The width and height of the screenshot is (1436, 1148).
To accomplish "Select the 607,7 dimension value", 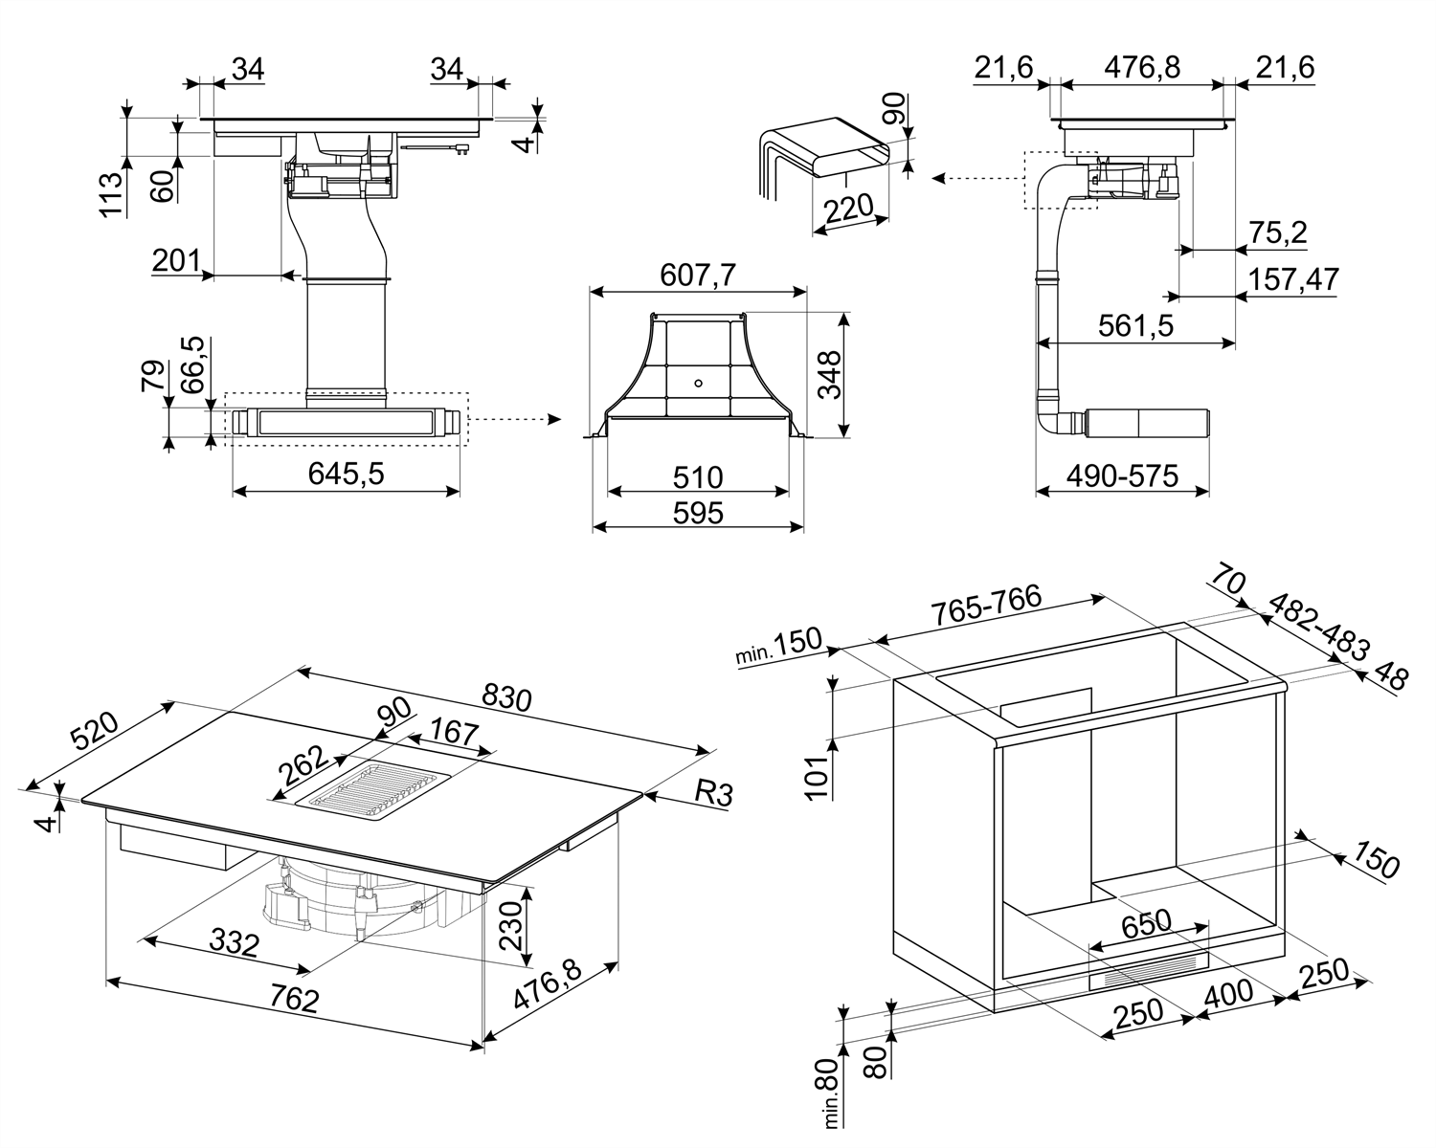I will (698, 276).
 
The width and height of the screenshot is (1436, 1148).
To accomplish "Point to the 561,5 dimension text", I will (1136, 326).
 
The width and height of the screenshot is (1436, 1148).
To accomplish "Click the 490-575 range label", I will (1122, 475).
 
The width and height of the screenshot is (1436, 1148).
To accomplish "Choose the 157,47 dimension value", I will (1293, 279).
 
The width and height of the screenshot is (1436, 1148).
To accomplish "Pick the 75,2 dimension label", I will (1278, 232).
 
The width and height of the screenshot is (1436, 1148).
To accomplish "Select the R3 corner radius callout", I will (712, 792).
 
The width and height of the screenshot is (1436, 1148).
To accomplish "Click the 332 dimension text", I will (234, 944).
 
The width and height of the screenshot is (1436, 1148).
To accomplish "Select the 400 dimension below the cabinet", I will (1228, 992).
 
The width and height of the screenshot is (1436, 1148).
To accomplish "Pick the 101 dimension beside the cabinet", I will (817, 777).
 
